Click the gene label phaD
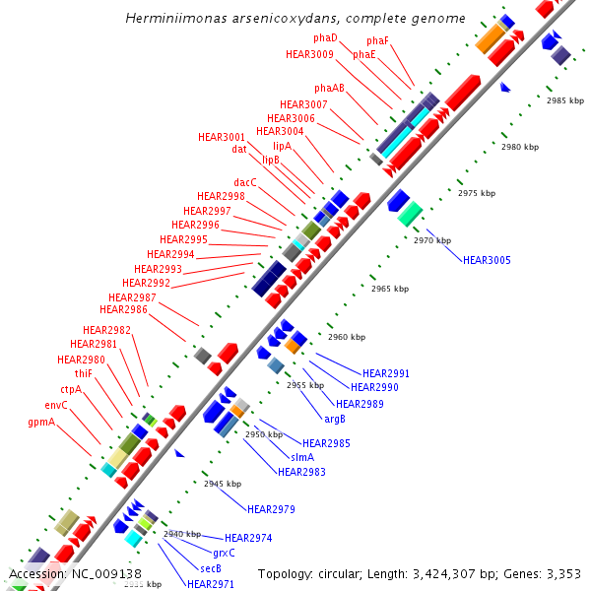click(x=325, y=37)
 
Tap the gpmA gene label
click(x=41, y=422)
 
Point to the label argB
click(x=335, y=420)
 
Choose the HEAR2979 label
click(x=271, y=509)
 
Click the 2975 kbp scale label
click(x=477, y=193)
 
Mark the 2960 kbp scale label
click(x=347, y=337)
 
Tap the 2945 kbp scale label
click(x=223, y=484)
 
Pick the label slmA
click(x=302, y=457)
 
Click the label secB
click(x=211, y=568)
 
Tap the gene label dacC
click(x=245, y=182)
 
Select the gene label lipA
click(x=283, y=145)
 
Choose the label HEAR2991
click(x=386, y=373)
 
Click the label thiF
click(x=83, y=373)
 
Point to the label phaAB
click(x=330, y=88)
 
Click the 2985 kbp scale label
click(x=565, y=100)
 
